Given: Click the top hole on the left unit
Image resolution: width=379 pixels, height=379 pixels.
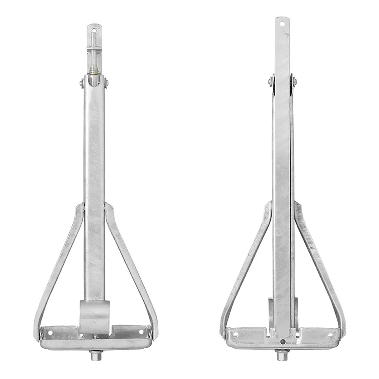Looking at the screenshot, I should (x=94, y=28).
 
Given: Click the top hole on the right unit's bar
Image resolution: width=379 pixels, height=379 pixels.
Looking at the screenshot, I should (x=282, y=23).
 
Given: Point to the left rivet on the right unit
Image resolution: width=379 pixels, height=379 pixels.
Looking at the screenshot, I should (x=270, y=80).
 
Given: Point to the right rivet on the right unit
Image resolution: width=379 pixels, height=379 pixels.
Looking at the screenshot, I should (x=294, y=80).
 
